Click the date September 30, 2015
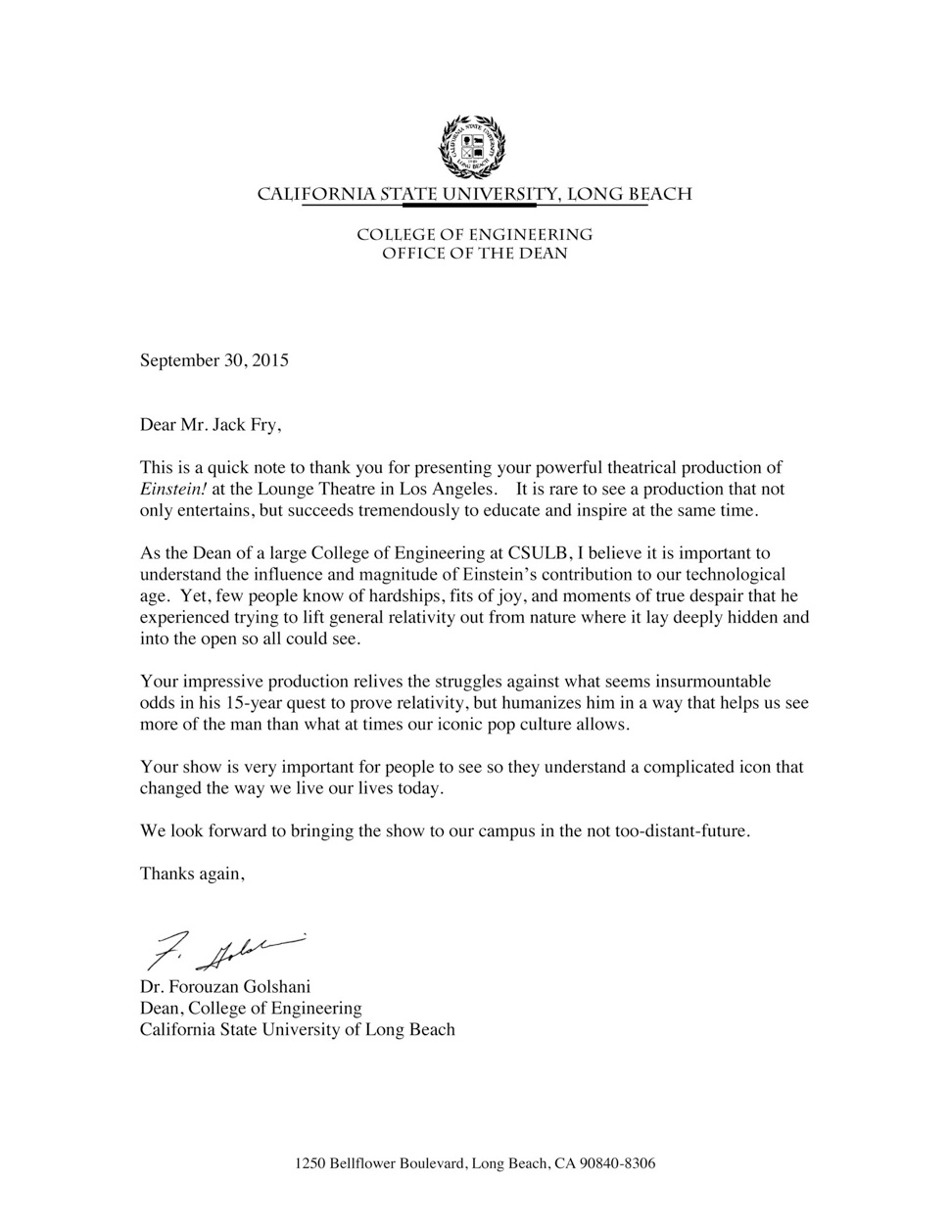tap(214, 360)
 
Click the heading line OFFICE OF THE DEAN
tap(474, 254)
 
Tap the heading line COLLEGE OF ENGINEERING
tap(474, 235)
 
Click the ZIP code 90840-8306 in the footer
tap(617, 1164)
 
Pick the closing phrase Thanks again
tap(191, 874)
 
